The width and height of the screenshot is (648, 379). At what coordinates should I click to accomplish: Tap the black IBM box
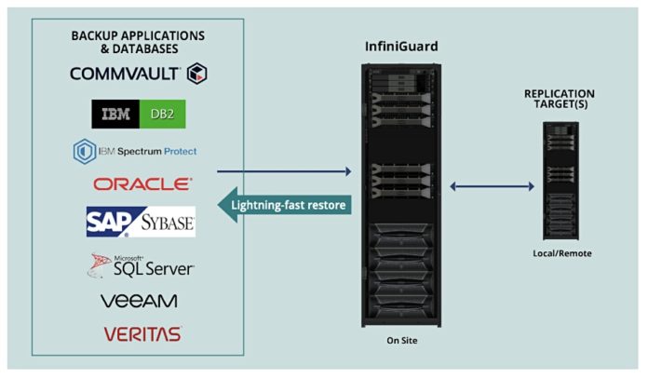[117, 114]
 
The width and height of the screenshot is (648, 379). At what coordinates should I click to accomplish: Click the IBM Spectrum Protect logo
[136, 151]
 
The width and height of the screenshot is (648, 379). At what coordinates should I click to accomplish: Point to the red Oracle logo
[142, 184]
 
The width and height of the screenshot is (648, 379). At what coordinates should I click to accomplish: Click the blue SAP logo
[108, 222]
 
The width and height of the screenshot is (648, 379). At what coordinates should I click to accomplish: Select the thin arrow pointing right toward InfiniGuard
[283, 171]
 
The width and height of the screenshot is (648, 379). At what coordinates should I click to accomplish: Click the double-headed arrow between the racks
[493, 187]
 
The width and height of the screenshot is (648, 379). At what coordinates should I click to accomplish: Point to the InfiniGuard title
[399, 45]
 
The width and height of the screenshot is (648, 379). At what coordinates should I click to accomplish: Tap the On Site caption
[401, 341]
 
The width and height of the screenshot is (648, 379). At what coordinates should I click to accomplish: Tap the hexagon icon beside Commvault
[196, 74]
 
